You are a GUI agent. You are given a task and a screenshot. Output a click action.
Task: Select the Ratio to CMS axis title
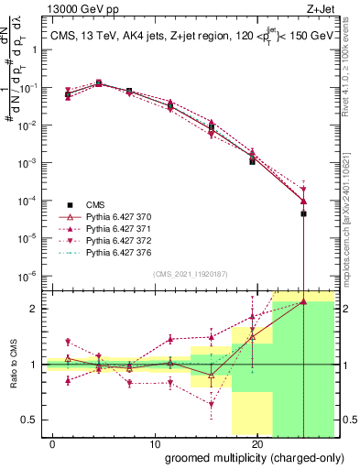[14, 364]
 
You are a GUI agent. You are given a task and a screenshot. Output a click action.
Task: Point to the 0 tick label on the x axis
[54, 442]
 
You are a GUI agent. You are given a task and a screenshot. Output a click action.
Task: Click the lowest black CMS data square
[303, 213]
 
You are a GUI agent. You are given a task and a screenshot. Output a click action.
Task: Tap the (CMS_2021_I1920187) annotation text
[191, 273]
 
